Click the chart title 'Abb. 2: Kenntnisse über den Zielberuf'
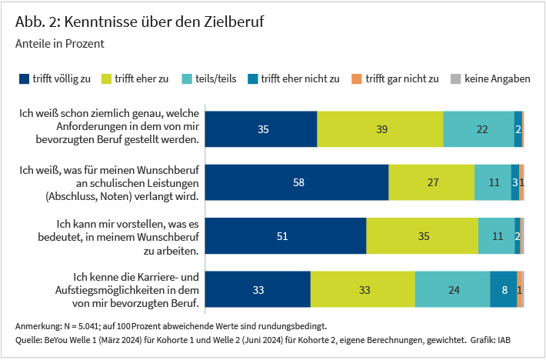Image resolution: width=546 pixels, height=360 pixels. coord(139,22)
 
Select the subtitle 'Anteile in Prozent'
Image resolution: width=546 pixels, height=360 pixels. coord(59,45)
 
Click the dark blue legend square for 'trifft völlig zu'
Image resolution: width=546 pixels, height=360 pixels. coord(24,78)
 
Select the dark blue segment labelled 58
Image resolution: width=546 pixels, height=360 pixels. coord(298,183)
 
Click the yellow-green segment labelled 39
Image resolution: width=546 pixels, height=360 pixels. coord(381,129)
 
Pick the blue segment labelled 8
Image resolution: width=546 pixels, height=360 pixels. coord(504,290)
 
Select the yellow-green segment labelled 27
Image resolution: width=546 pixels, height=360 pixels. coord(431,183)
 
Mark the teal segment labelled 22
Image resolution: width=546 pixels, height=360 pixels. coord(478,129)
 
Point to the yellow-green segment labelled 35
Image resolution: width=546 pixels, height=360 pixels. coord(422,236)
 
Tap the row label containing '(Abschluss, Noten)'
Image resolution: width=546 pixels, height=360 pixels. coord(122,196)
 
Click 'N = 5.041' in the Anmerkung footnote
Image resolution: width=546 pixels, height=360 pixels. coord(78,325)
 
